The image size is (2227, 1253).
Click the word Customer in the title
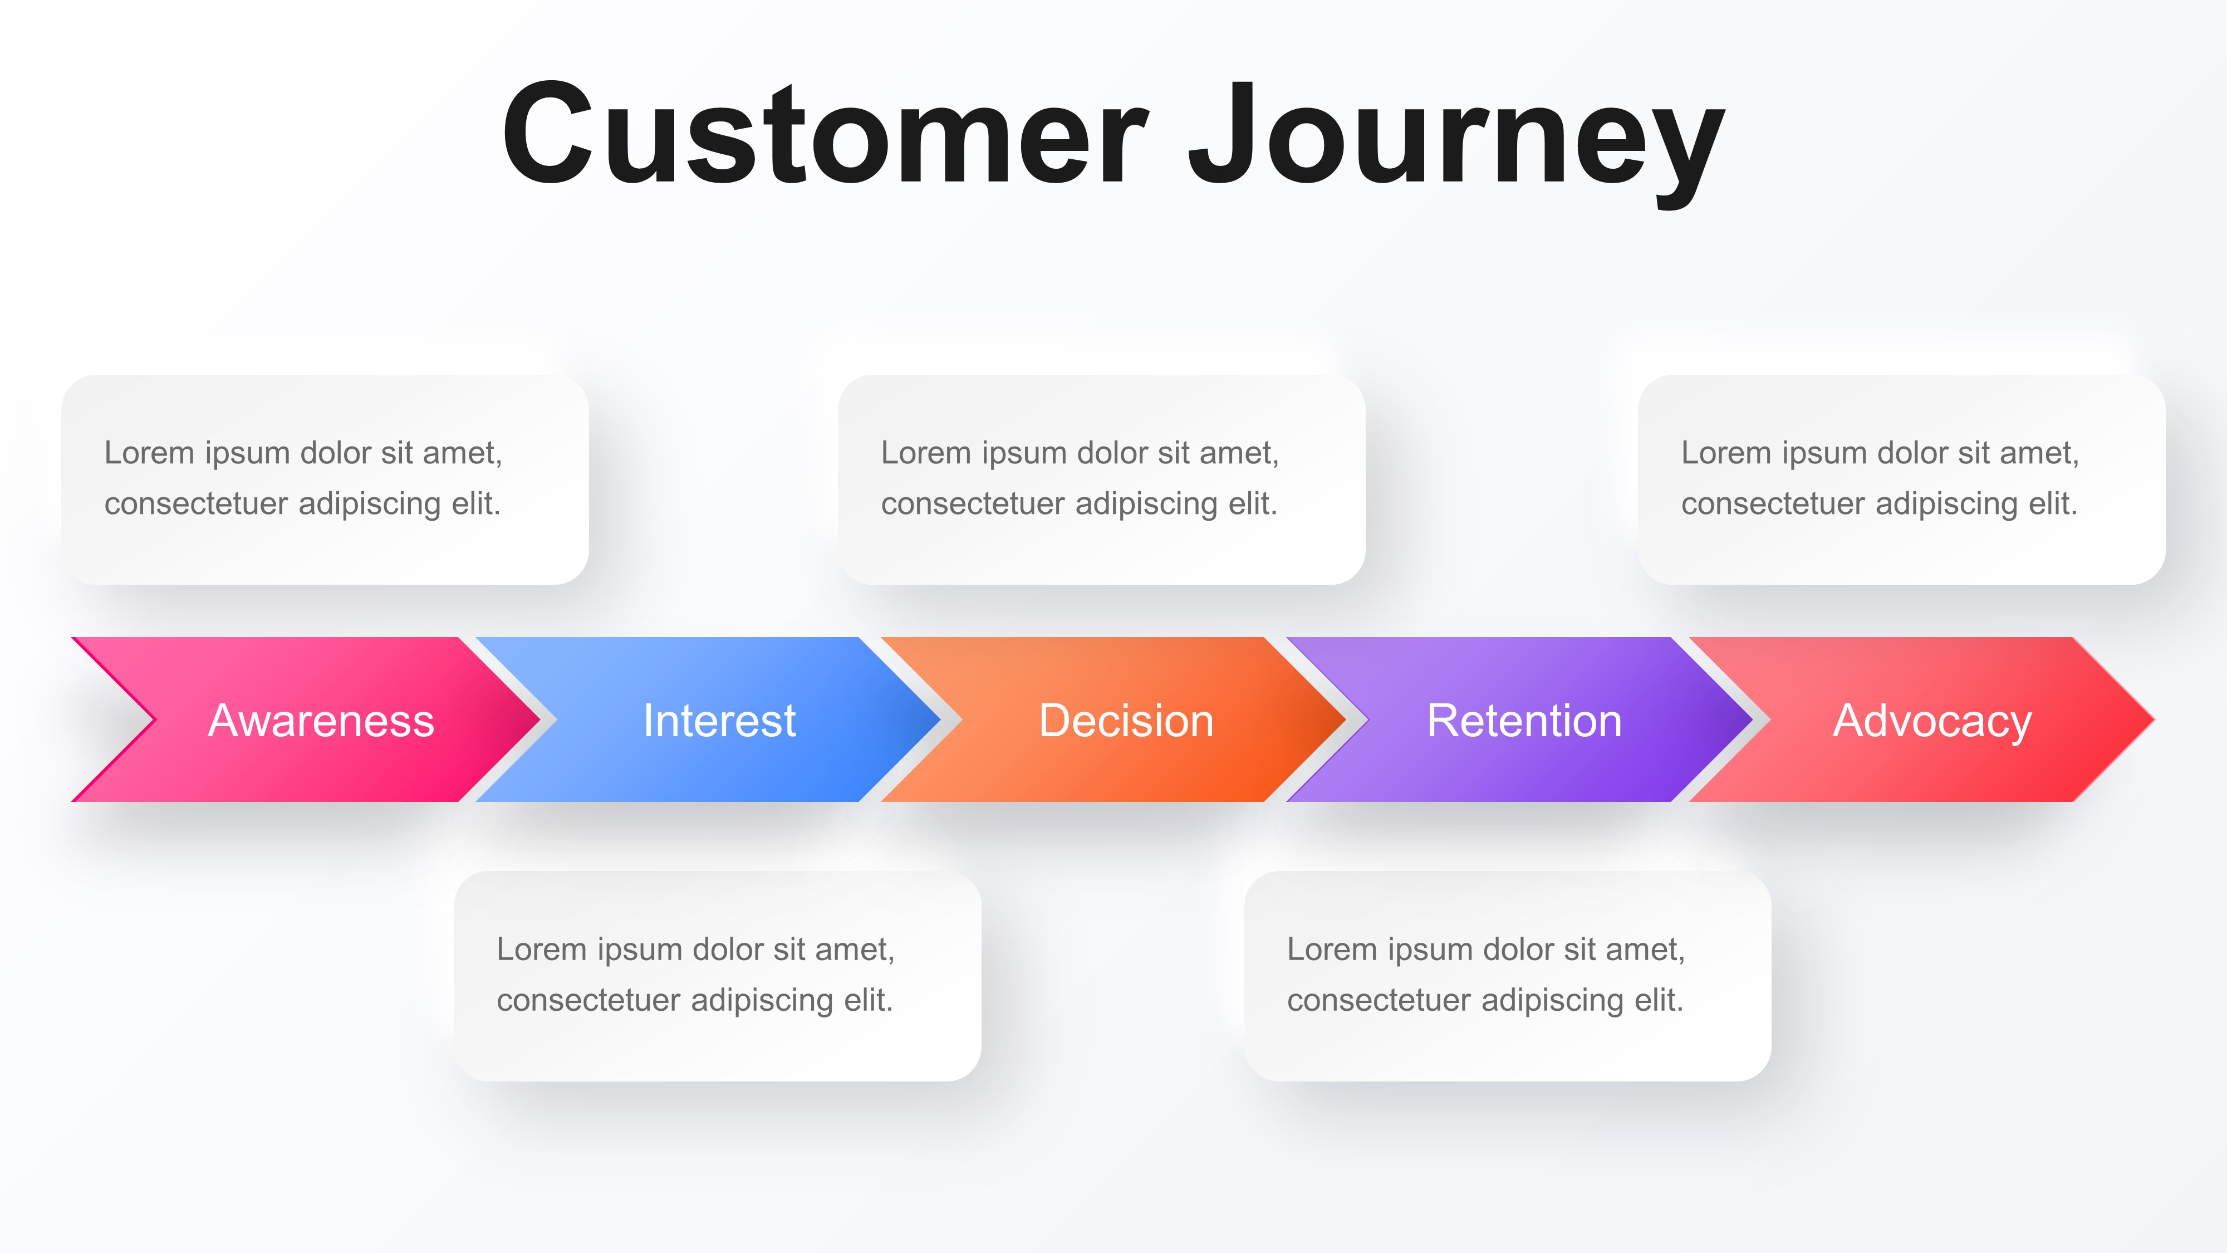tap(826, 134)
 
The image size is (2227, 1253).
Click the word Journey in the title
tap(1456, 138)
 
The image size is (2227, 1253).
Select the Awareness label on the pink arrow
tap(321, 720)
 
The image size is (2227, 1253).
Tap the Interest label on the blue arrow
tap(718, 720)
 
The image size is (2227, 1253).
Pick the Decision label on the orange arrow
tap(1126, 720)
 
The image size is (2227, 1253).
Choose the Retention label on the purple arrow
tap(1523, 720)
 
